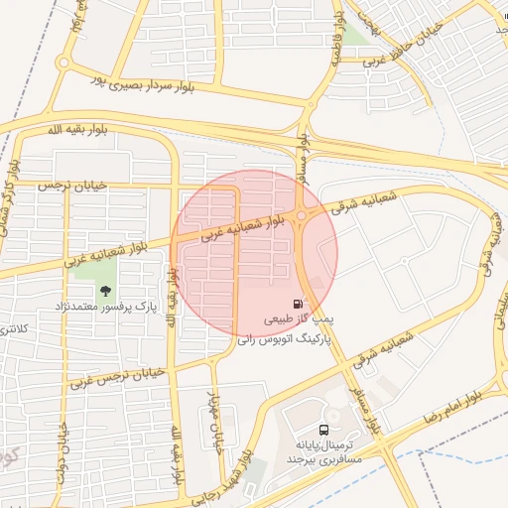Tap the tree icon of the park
[104, 290]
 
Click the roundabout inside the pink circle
[302, 216]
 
